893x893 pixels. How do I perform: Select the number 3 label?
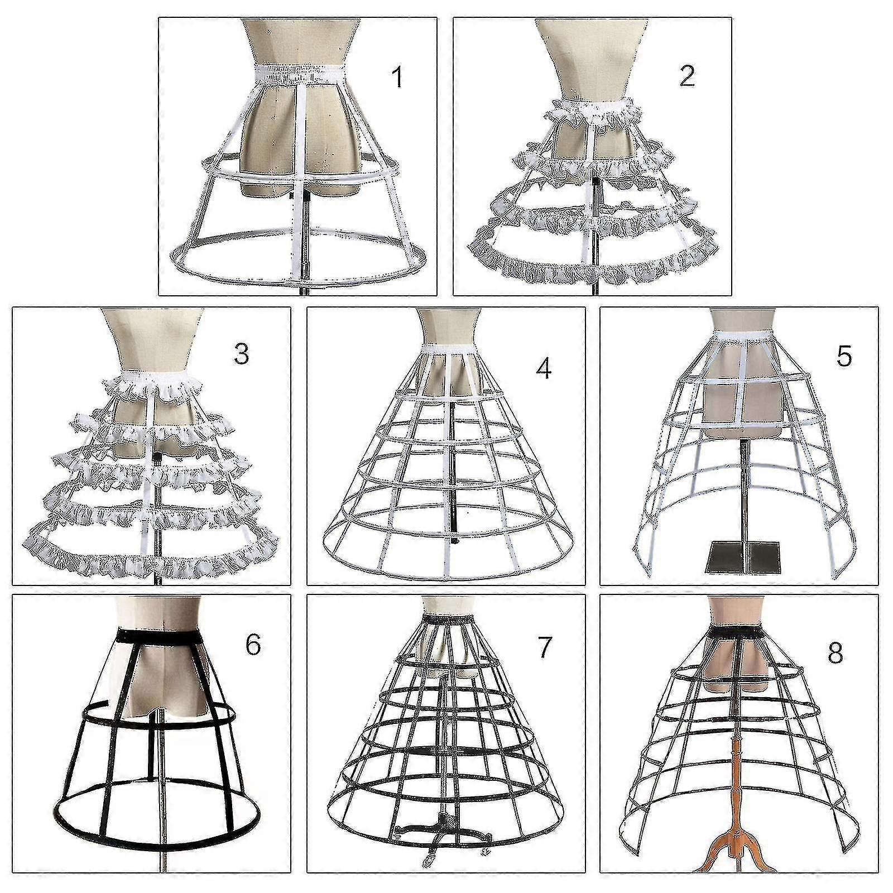click(241, 354)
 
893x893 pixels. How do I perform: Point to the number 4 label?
click(543, 368)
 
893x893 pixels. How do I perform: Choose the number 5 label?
click(843, 356)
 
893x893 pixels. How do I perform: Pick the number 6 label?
click(253, 645)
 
